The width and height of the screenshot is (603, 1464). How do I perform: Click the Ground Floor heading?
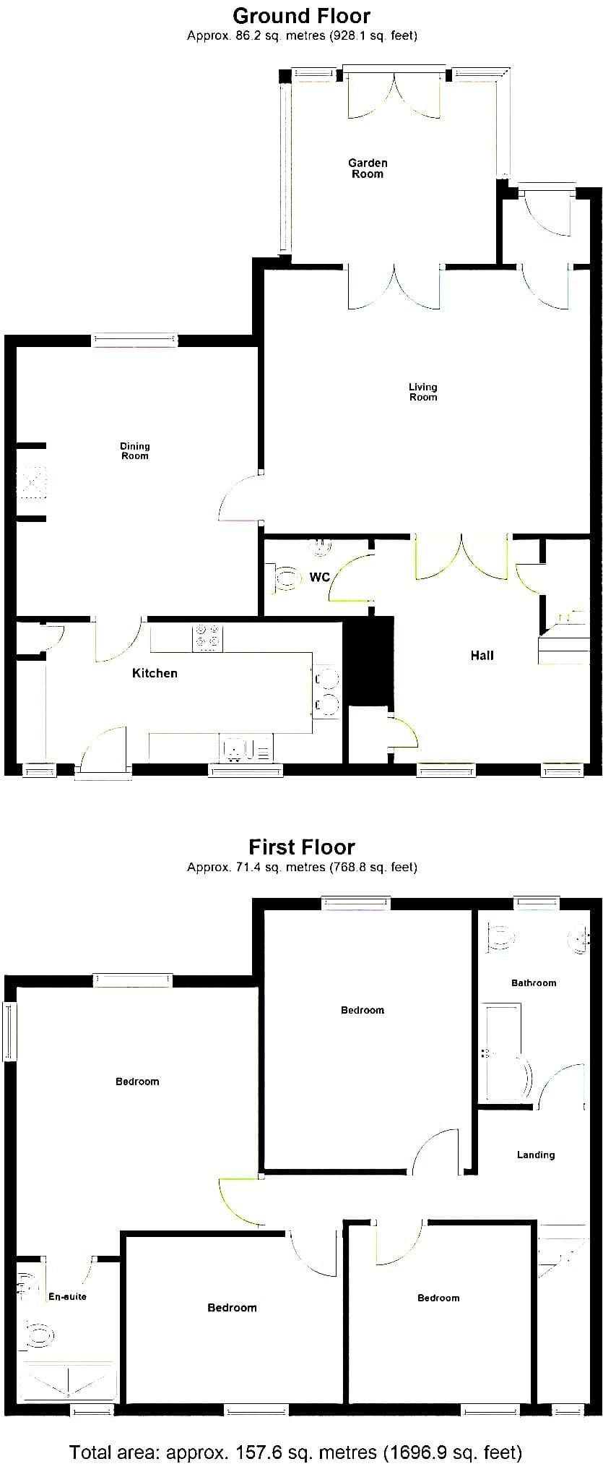point(302,16)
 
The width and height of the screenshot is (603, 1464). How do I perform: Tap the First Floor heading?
point(302,847)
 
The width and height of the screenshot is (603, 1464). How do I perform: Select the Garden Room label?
point(368,168)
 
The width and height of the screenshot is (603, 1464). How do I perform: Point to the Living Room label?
point(423,392)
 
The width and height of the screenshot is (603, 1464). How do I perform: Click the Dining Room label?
point(135,451)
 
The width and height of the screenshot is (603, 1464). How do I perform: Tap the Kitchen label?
point(155,673)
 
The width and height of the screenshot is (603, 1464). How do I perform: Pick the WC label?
point(319,577)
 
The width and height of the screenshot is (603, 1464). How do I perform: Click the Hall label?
point(482,655)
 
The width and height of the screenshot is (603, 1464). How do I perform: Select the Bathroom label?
point(534,983)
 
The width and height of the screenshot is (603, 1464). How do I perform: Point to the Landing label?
point(536,1155)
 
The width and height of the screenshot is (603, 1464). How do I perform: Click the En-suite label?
point(67,1296)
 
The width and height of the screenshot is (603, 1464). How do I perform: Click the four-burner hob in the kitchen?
point(208,638)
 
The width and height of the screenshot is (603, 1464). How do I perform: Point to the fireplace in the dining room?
point(32,481)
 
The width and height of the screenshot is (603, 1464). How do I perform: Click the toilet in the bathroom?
point(502,938)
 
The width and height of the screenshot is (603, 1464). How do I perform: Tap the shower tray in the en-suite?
point(70,1382)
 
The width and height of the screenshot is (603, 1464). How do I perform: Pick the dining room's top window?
point(135,340)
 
